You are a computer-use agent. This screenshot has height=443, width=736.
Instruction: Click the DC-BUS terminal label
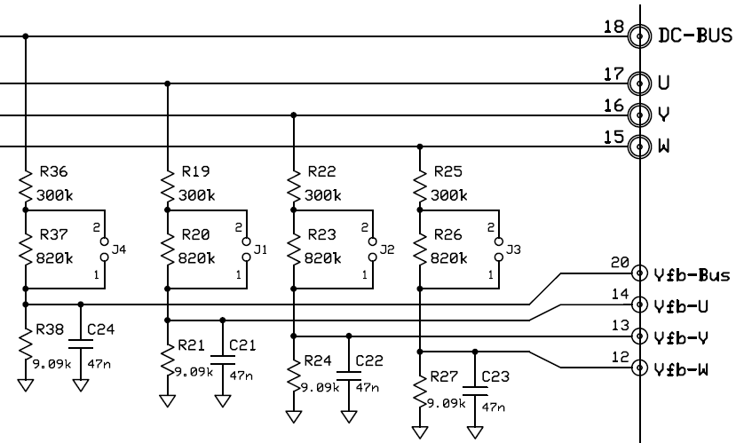click(x=694, y=36)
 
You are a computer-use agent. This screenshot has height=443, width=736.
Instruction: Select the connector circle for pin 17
click(x=637, y=83)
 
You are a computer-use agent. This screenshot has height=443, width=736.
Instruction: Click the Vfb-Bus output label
click(x=692, y=275)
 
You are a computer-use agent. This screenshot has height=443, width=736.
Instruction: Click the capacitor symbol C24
click(x=80, y=341)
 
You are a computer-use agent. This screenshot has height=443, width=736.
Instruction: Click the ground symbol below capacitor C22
click(x=349, y=415)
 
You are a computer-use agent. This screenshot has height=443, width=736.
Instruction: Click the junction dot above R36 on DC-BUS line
click(x=25, y=36)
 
